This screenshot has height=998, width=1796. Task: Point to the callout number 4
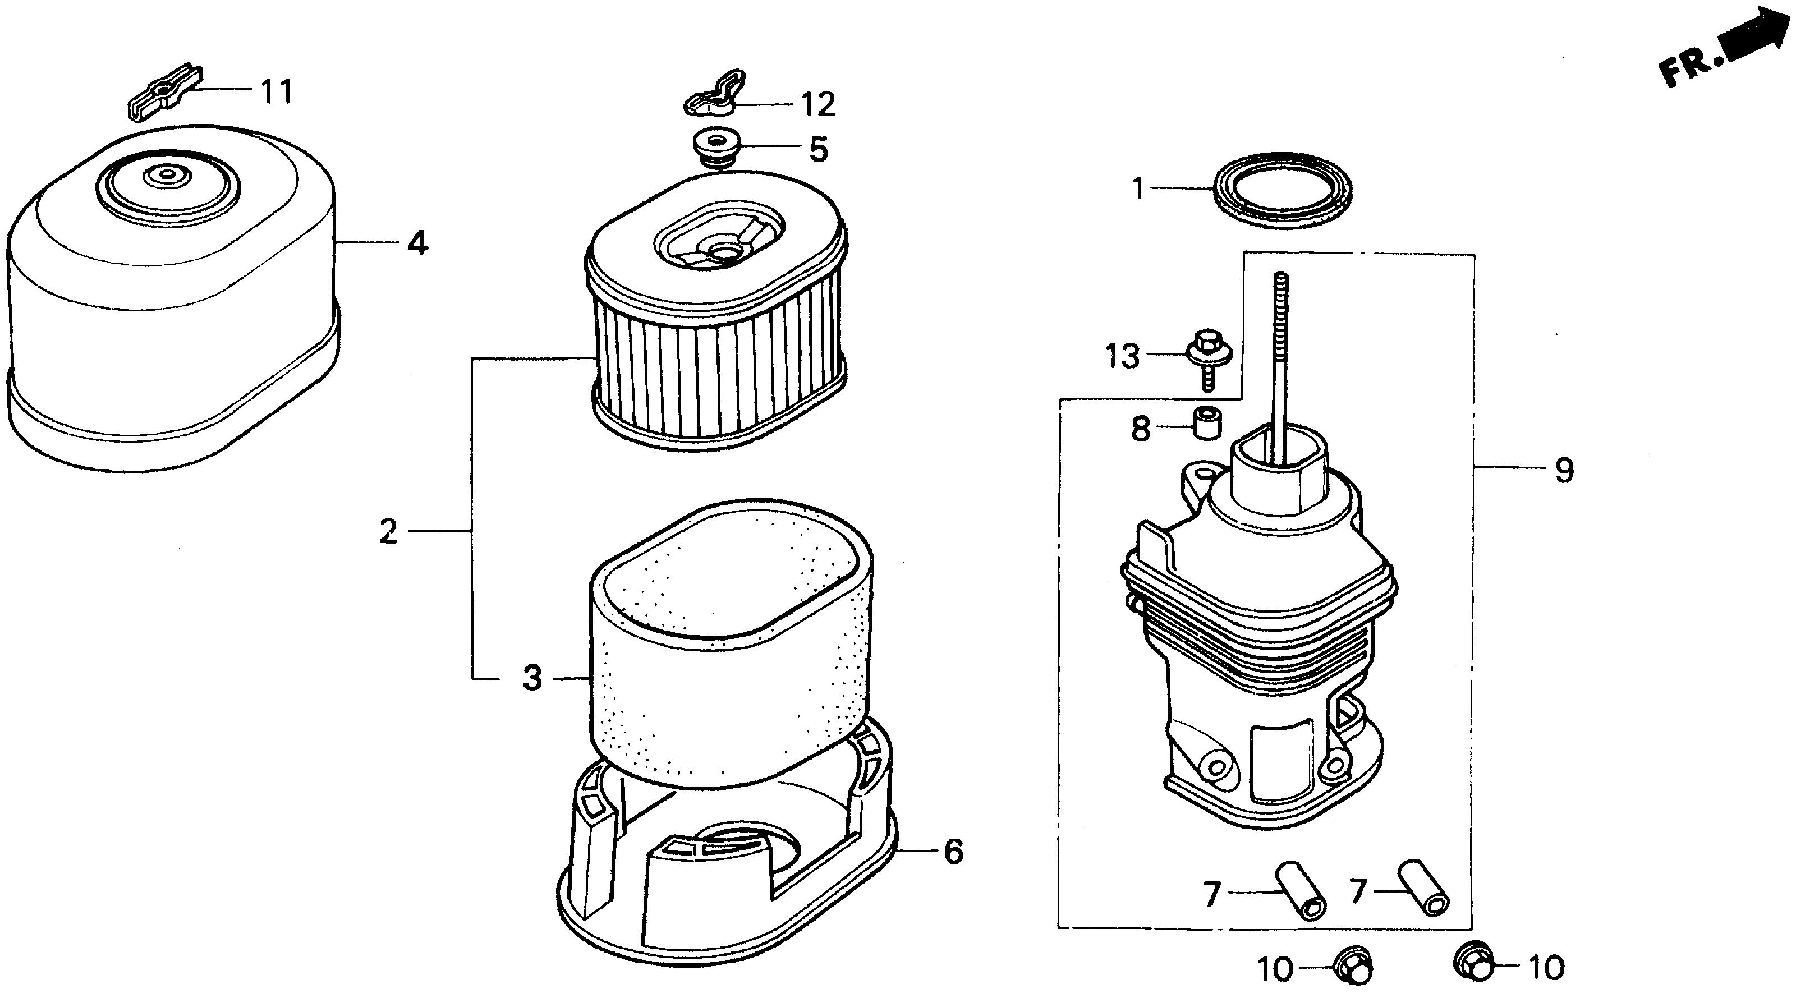(x=417, y=243)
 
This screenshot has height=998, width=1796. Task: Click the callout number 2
(x=388, y=532)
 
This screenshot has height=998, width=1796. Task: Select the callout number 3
(x=532, y=678)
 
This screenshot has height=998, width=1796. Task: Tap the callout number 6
(x=953, y=851)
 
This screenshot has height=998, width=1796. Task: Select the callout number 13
(x=1123, y=356)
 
